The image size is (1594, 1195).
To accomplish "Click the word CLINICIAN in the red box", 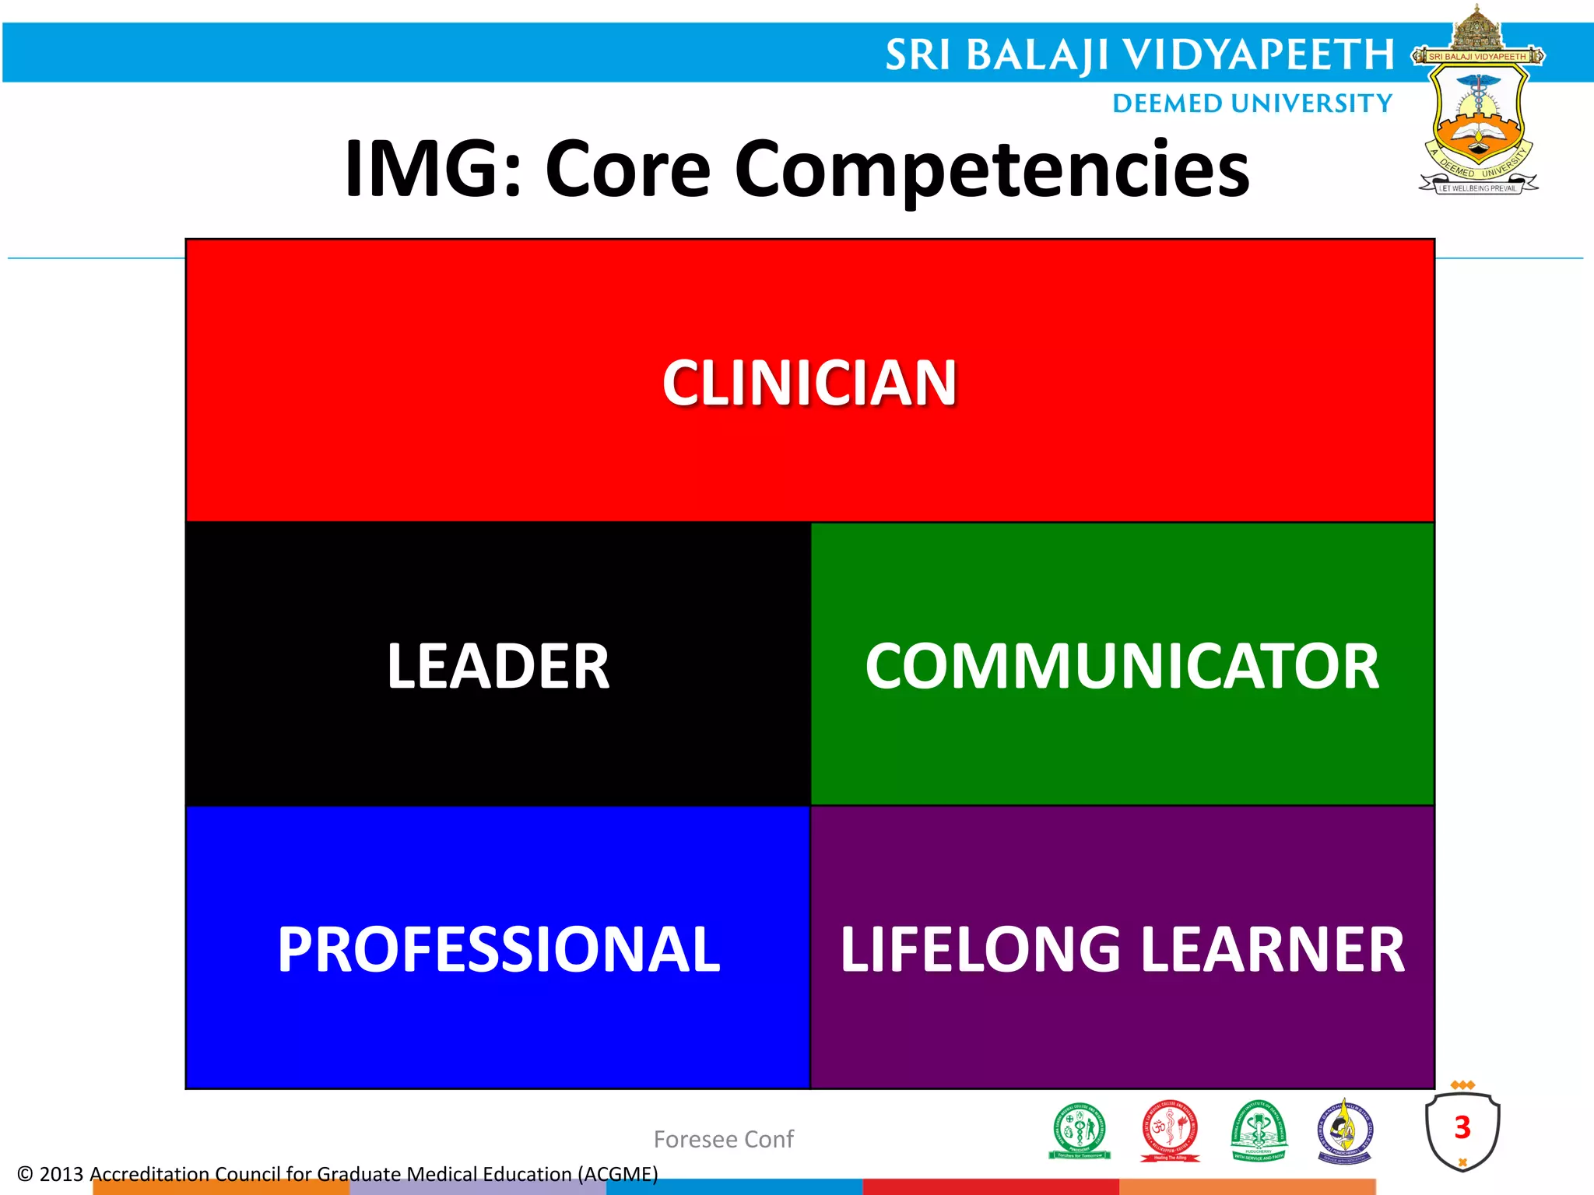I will pos(809,383).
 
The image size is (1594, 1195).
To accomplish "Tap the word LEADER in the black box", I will pos(498,667).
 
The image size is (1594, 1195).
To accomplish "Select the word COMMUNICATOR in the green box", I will pos(1122,667).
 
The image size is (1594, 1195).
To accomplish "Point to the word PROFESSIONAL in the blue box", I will pos(499,950).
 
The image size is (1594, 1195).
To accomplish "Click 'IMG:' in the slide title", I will pos(433,169).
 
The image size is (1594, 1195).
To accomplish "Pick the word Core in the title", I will pos(627,170).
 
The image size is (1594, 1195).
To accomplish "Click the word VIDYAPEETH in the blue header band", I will pos(1258,55).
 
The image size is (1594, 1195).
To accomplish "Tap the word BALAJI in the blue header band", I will pos(1037,56).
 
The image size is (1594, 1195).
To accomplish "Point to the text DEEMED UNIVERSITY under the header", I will pos(1252,103).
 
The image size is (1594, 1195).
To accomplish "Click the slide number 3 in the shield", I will pos(1462,1127).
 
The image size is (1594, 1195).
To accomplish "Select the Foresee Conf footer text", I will pos(723,1139).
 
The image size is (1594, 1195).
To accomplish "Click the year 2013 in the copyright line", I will pos(61,1174).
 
